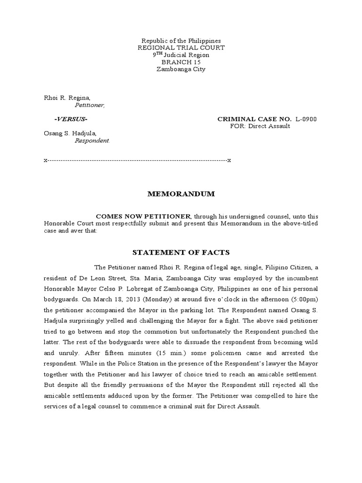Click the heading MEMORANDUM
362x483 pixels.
click(x=181, y=194)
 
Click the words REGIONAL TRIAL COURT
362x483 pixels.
click(x=181, y=48)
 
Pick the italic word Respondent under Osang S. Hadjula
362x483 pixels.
click(x=92, y=141)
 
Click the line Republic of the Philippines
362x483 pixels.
click(x=181, y=41)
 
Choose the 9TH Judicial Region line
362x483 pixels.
click(x=181, y=55)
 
